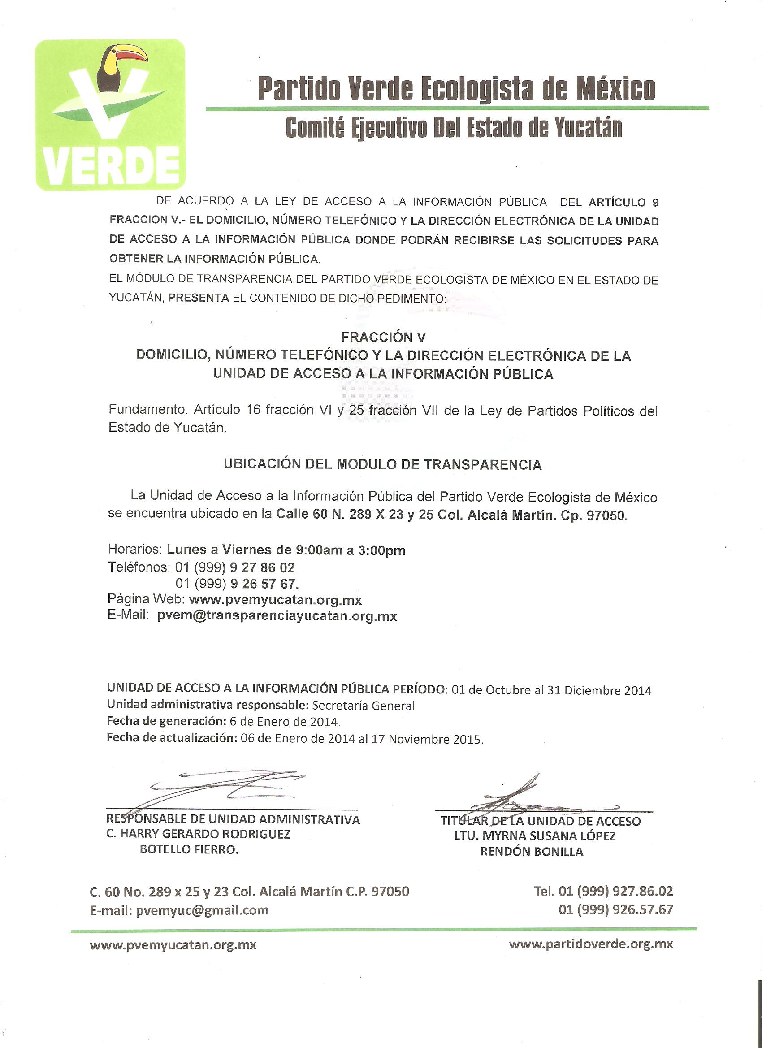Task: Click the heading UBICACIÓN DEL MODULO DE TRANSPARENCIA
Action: (x=383, y=464)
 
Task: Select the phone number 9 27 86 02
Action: (x=262, y=567)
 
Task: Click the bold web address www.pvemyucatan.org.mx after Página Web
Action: (x=275, y=600)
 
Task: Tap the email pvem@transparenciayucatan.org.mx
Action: (x=277, y=616)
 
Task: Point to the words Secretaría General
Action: (x=363, y=706)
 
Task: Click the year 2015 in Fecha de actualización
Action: (x=467, y=739)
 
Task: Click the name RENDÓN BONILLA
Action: (x=532, y=852)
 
